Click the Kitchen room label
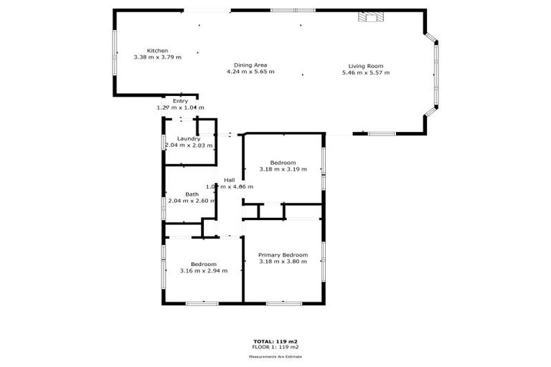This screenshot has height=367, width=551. coord(157,50)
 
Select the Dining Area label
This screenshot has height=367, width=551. coord(250,65)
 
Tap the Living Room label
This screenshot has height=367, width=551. coord(365,66)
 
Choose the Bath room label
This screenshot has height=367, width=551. coord(192,194)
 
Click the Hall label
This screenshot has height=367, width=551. coord(230,180)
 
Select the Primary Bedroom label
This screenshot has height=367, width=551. coord(283,255)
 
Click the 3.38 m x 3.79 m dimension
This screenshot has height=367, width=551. coord(157,57)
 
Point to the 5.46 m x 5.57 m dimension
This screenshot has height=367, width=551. coord(365,72)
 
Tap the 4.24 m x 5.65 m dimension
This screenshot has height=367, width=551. coord(250,72)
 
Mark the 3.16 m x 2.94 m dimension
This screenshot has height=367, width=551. coord(203,270)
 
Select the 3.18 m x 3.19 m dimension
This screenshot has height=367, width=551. coord(283,169)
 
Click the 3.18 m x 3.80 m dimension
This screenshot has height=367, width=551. coord(283,262)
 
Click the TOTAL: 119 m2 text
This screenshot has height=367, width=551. coord(275,341)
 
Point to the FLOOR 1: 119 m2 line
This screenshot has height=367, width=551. coord(275,347)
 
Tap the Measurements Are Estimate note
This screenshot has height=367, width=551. coord(275,356)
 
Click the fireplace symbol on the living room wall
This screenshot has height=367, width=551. coord(371,17)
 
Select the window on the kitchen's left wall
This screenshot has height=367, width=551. coord(114,51)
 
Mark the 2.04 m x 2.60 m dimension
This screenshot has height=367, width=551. coord(191,201)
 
